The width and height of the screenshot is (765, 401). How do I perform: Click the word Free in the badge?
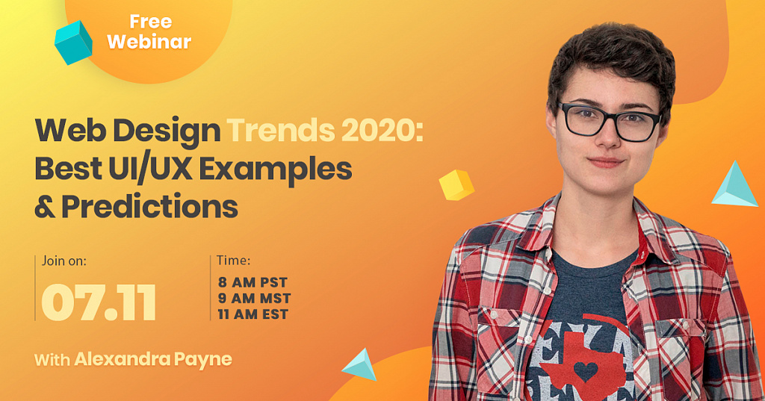(x=151, y=22)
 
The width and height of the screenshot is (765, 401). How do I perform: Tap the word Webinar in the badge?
(x=149, y=42)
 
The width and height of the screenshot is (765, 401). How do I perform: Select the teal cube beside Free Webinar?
(x=73, y=43)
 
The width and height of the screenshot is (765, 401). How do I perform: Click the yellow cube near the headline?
(x=456, y=185)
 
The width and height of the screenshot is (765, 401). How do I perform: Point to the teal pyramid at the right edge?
(x=735, y=184)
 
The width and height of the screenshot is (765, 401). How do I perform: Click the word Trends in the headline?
(x=281, y=130)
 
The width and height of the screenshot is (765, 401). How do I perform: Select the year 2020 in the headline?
(x=382, y=130)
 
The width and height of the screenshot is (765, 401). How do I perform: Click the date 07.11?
(x=99, y=302)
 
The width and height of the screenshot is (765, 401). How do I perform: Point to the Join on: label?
(x=64, y=261)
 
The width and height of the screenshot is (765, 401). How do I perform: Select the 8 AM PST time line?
(x=253, y=282)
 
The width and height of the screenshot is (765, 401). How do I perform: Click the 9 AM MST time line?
(x=254, y=298)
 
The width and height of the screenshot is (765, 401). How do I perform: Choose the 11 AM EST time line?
(x=253, y=314)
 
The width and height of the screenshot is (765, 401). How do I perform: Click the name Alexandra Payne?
(x=153, y=360)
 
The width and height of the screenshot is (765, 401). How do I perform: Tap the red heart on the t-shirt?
(x=586, y=372)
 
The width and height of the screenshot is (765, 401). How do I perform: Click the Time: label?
(x=233, y=261)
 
